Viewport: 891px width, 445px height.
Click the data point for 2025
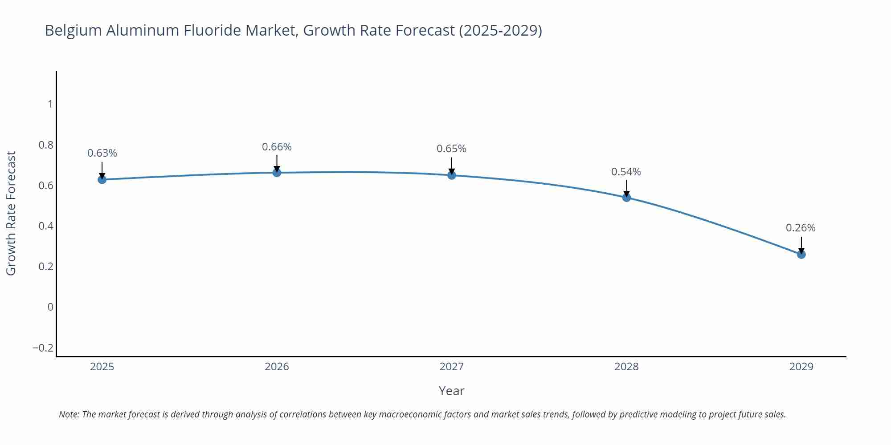pyautogui.click(x=102, y=179)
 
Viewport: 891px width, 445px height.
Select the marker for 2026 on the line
pyautogui.click(x=277, y=172)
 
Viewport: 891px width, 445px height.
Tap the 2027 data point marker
pyautogui.click(x=451, y=175)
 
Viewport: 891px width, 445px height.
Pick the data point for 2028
pyautogui.click(x=626, y=197)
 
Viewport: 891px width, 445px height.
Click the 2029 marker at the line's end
pyautogui.click(x=801, y=254)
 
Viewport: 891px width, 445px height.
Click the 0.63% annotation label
pyautogui.click(x=102, y=153)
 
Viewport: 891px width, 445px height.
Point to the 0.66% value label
pyautogui.click(x=277, y=147)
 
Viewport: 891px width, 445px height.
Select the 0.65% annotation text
pyautogui.click(x=451, y=149)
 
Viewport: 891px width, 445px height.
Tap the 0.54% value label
pyautogui.click(x=626, y=172)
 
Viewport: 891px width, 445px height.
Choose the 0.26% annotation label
pyautogui.click(x=801, y=228)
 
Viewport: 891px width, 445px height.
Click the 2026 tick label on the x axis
pyautogui.click(x=277, y=367)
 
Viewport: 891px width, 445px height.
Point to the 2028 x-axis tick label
pyautogui.click(x=626, y=367)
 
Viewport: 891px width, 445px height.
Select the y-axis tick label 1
pyautogui.click(x=50, y=104)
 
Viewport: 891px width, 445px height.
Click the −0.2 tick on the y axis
pyautogui.click(x=43, y=348)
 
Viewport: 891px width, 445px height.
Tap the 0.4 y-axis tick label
pyautogui.click(x=46, y=226)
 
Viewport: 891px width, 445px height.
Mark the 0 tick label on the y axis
pyautogui.click(x=50, y=307)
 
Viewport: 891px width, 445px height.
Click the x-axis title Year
pyautogui.click(x=451, y=391)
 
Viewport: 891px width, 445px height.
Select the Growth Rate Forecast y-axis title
pyautogui.click(x=11, y=213)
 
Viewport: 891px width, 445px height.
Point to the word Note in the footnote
pyautogui.click(x=69, y=414)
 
